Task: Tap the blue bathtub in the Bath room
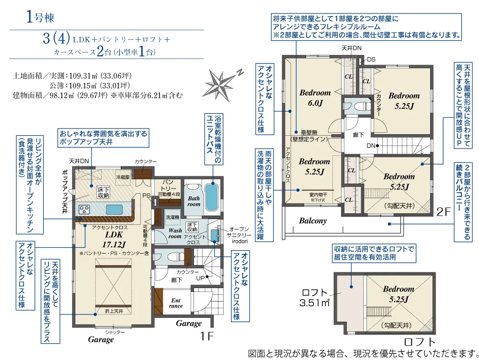coord(211,196)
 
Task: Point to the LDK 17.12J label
coord(114,239)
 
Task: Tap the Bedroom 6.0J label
coord(315,97)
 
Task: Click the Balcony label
coord(313,221)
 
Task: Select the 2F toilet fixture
coord(358,106)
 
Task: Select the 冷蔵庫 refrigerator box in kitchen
coord(123,176)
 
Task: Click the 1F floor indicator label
coord(206,337)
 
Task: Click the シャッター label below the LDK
coord(115,332)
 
